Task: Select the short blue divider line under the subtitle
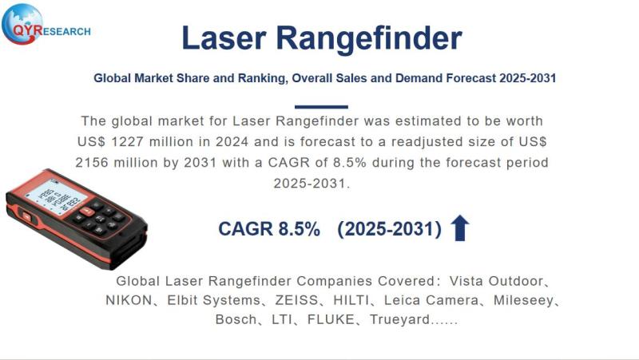(321, 106)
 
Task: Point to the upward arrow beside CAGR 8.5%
(460, 228)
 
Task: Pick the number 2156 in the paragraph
(96, 162)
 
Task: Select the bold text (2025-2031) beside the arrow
(390, 229)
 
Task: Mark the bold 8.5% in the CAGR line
(300, 229)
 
